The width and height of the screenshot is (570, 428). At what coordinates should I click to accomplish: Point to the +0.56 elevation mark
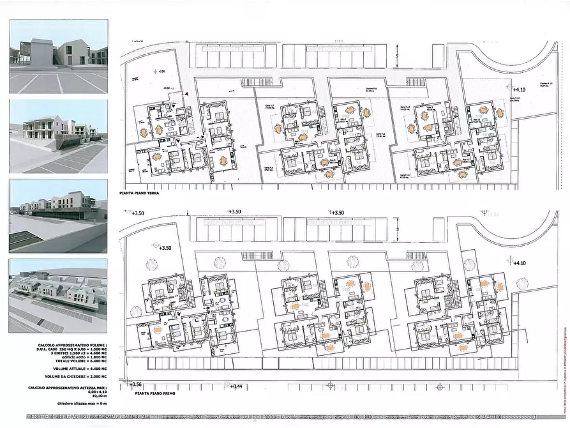[x=134, y=384]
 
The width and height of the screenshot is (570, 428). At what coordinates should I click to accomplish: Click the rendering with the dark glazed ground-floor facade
[x=58, y=215]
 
